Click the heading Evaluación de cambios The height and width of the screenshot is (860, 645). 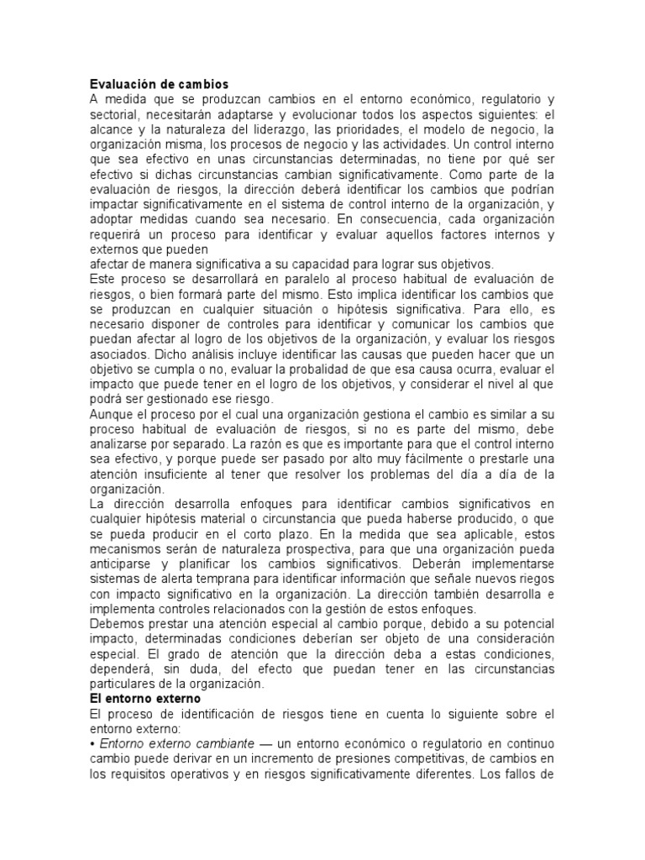click(x=159, y=85)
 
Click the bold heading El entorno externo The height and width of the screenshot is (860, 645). click(x=148, y=698)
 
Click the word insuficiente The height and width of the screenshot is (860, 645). click(x=196, y=475)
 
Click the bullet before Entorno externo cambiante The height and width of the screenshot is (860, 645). click(x=92, y=745)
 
